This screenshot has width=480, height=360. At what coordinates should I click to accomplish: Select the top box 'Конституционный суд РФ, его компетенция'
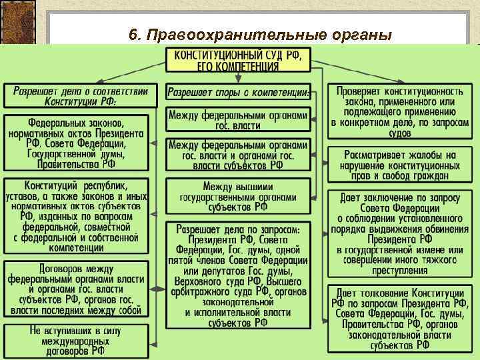tap(238, 61)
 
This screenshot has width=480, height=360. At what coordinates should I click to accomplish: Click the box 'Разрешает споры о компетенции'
tap(238, 92)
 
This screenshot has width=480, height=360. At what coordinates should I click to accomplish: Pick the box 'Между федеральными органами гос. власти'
tap(238, 119)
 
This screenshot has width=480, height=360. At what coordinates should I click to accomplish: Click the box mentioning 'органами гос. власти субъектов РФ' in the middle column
tap(238, 155)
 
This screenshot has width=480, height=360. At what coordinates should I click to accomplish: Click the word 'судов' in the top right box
tap(399, 133)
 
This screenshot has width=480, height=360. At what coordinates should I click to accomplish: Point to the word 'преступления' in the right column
tap(399, 271)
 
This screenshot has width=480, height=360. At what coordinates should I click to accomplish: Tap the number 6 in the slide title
tap(134, 35)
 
